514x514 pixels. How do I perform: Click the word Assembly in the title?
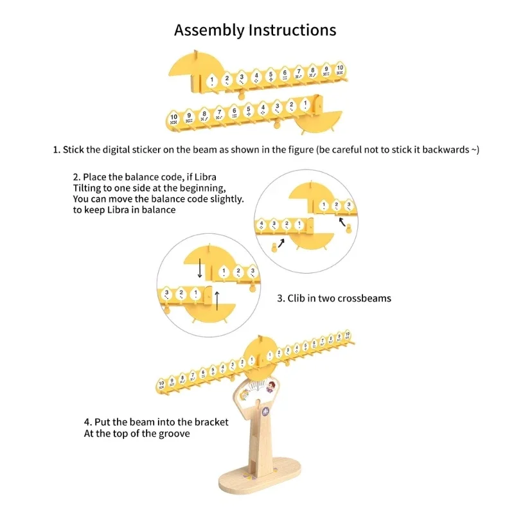(x=209, y=30)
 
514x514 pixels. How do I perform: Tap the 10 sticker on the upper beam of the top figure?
(x=340, y=69)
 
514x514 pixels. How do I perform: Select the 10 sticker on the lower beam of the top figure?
(x=174, y=118)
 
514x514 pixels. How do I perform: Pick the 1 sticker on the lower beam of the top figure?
(x=306, y=103)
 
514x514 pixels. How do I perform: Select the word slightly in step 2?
(x=226, y=199)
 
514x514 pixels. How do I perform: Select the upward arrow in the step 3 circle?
(x=217, y=300)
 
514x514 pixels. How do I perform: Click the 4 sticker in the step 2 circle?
(x=261, y=224)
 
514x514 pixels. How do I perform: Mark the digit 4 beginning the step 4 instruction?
(x=86, y=422)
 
